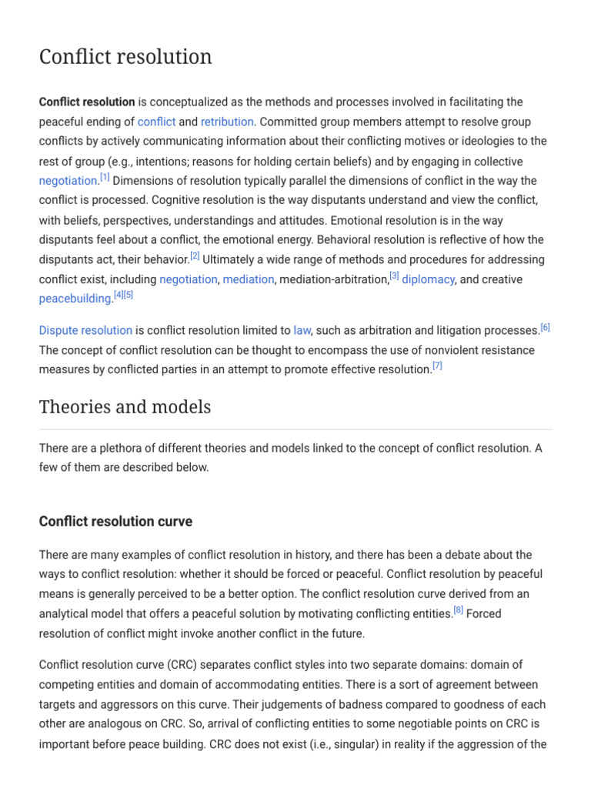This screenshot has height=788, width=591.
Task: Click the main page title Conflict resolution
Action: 125,57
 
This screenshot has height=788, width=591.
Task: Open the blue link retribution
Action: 227,122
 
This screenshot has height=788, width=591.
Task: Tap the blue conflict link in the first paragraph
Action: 156,122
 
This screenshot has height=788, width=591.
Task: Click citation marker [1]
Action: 105,178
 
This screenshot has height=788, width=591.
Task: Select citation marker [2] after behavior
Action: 195,256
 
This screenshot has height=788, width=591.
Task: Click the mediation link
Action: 248,279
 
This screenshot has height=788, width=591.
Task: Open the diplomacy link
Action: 428,279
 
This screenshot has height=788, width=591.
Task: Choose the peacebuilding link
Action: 75,299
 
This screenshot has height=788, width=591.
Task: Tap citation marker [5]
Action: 129,295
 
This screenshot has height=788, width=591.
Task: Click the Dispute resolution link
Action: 85,330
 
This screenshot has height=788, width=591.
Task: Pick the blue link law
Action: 302,330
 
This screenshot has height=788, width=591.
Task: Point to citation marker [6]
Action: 545,327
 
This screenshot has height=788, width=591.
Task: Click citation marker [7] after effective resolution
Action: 437,366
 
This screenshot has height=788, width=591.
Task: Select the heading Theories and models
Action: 125,407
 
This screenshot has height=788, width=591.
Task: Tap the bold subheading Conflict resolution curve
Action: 115,522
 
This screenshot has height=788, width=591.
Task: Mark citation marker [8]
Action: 458,610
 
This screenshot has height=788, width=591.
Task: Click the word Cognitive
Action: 178,200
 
